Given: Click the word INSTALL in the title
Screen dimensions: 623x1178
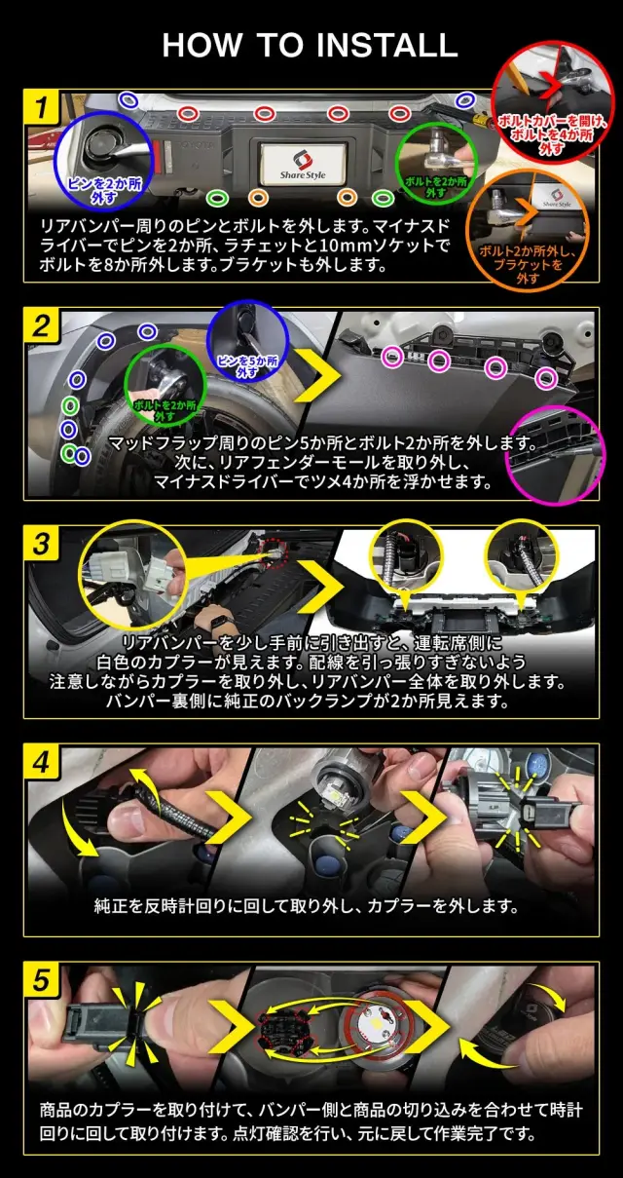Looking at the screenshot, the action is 387,45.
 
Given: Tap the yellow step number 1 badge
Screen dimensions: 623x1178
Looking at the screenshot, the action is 42,106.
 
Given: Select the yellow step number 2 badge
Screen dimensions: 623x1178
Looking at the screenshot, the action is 42,325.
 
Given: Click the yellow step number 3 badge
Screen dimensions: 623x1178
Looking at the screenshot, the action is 42,544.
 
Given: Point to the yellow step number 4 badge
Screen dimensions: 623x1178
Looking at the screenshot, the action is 42,762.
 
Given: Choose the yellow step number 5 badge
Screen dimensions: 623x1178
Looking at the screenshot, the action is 42,980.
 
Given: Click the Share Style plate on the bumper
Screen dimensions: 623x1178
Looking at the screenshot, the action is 303,164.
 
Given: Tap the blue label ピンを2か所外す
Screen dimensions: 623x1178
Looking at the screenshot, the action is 104,191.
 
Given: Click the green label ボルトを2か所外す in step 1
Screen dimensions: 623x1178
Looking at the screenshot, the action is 435,187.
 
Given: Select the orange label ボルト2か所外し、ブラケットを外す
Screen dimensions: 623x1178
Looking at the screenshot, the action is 527,264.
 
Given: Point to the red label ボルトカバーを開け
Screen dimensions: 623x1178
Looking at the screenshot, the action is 552,122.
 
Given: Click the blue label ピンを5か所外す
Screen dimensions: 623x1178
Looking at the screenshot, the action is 247,366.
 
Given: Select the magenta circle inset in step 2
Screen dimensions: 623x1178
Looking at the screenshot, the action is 555,455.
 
